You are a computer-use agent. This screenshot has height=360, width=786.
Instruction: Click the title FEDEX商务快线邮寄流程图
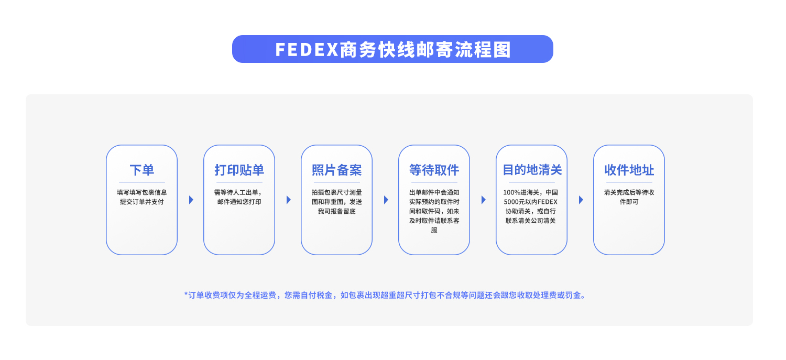392,49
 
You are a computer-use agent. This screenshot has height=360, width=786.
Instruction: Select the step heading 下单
141,170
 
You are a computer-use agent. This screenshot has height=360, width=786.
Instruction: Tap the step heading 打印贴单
239,170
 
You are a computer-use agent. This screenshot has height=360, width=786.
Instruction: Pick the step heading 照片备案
336,170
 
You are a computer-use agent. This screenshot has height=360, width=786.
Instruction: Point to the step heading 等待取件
434,170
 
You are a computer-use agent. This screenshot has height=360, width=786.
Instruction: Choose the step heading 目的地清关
531,170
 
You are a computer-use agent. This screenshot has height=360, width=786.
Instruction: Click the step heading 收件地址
629,170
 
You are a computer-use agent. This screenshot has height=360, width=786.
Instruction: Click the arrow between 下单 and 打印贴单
191,200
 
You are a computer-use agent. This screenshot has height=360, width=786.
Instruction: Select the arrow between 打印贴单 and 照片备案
289,200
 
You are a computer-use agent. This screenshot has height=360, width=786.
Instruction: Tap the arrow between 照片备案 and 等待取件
386,200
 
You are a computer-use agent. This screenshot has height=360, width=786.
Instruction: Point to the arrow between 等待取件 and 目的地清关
484,200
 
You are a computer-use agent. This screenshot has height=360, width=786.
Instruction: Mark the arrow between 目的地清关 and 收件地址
581,200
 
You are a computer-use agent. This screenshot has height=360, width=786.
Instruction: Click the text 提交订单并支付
141,202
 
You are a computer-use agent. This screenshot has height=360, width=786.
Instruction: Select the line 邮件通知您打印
239,202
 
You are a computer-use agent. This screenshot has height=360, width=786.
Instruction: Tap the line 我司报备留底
336,211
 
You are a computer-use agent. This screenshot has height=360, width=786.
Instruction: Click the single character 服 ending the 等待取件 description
434,230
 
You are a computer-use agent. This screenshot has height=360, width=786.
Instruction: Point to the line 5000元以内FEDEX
531,202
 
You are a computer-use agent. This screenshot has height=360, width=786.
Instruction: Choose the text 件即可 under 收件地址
629,202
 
